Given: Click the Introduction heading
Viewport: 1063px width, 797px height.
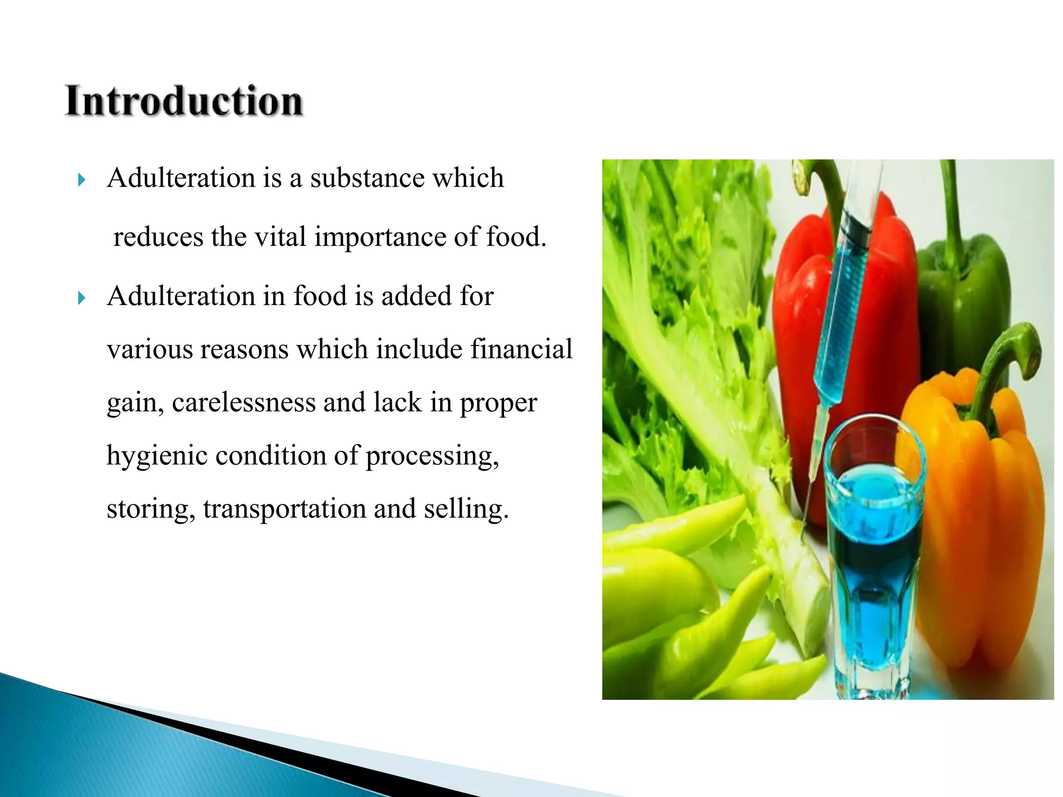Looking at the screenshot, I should coord(184,101).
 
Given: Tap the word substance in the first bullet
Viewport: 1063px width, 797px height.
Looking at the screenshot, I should coord(367,178).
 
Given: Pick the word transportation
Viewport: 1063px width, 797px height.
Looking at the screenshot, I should coord(284,509).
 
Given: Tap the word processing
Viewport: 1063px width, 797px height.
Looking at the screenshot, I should coord(432,456).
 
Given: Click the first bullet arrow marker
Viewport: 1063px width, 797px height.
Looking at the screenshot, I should coord(81,181).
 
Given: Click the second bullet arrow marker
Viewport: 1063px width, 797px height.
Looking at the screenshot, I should coord(81,298).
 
